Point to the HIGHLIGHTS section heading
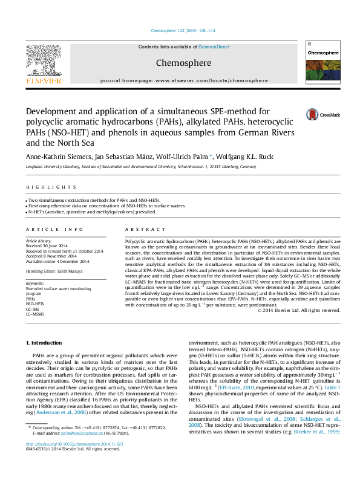click(x=42, y=187)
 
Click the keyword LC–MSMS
click(x=35, y=314)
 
